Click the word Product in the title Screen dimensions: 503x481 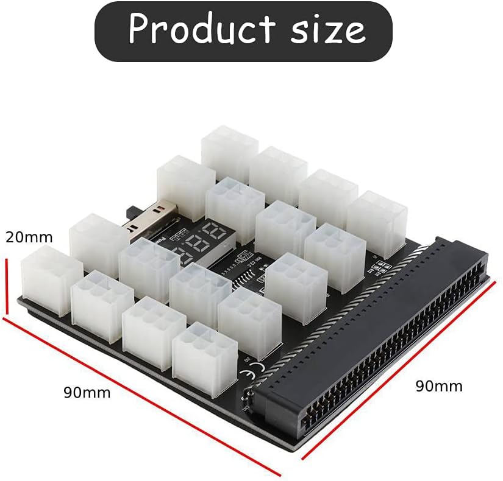click(202, 29)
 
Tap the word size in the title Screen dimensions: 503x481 click(327, 29)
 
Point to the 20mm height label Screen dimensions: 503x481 click(29, 237)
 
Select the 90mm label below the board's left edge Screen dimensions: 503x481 click(87, 393)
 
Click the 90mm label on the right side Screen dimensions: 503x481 click(439, 386)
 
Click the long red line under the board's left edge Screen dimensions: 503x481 click(140, 396)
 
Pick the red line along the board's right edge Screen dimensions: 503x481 click(396, 371)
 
